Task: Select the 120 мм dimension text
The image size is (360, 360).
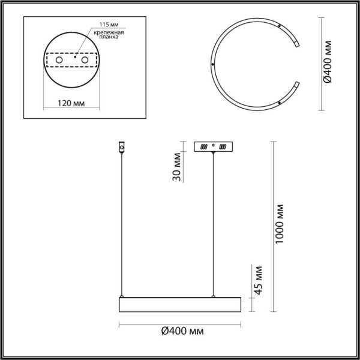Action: tap(71, 103)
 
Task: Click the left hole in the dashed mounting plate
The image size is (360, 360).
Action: tap(59, 61)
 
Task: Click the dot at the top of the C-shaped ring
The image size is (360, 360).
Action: tap(280, 25)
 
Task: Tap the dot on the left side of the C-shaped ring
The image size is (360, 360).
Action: tap(213, 65)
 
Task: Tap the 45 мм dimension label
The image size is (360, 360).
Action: tap(259, 280)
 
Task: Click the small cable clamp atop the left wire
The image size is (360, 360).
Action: tap(122, 147)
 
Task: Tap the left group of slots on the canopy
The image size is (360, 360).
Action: tap(205, 146)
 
